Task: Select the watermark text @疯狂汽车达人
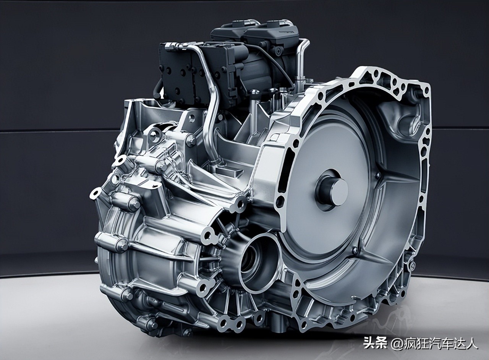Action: coord(434,343)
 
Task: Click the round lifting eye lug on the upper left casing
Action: coord(155,134)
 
